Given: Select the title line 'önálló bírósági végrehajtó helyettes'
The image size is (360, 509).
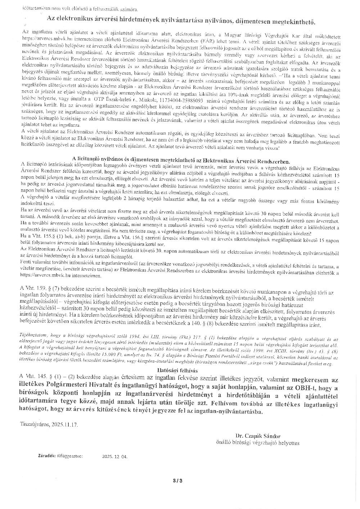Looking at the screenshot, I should tap(257, 443).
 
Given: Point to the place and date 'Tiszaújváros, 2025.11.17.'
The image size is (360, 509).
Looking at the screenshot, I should tap(49, 424).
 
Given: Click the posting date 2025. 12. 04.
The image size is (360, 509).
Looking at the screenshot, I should tap(114, 456).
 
